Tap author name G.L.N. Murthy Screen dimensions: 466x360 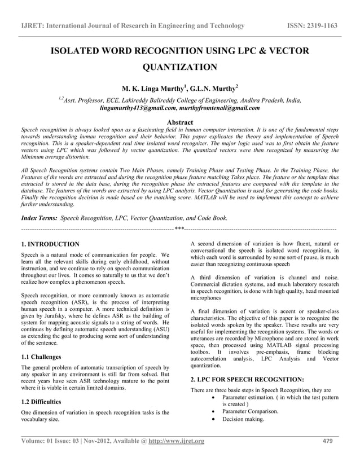(x=213, y=89)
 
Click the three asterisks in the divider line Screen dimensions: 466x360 (x=179, y=229)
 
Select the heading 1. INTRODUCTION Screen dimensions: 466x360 (x=50, y=244)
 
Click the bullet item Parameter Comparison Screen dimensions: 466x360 (x=251, y=411)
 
